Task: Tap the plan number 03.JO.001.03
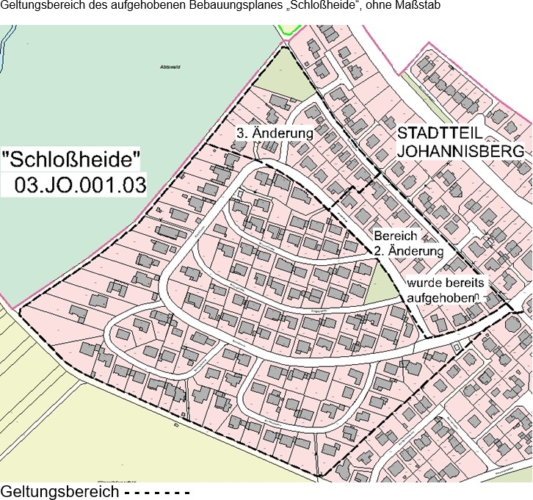80,182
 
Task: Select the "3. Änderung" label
275,134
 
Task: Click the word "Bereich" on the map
395,236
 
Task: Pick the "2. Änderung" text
408,251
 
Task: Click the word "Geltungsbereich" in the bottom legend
59,490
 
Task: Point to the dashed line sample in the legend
156,491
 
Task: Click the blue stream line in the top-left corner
7,51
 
